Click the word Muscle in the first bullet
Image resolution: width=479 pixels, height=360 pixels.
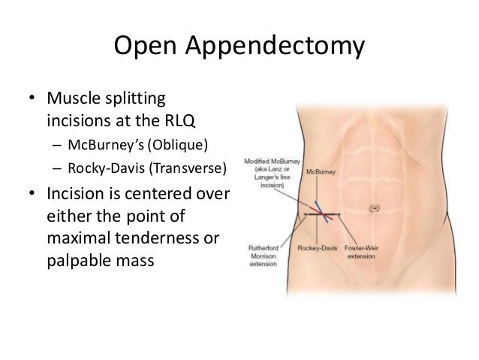click(x=73, y=100)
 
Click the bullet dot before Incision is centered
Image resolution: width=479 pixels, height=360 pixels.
click(x=32, y=198)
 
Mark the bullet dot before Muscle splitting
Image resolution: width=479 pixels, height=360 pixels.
click(x=32, y=101)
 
